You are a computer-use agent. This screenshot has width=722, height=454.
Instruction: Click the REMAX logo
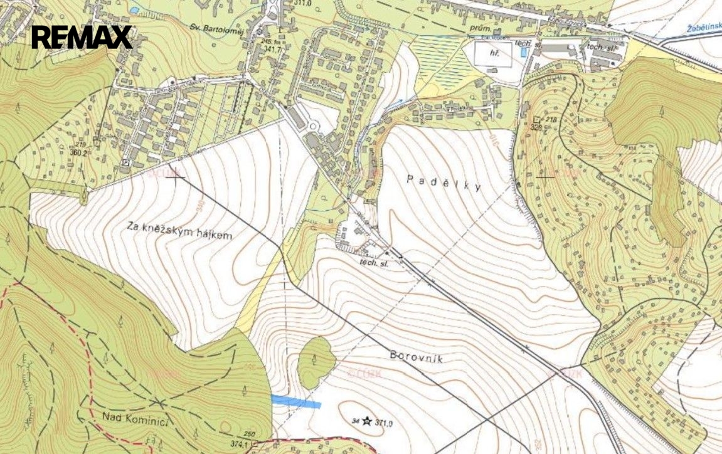coord(82,37)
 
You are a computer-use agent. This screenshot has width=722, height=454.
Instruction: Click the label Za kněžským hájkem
coord(179,231)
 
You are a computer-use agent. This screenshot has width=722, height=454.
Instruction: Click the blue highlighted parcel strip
coord(295,402)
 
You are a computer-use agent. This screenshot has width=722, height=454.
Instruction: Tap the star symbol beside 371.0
coord(366,421)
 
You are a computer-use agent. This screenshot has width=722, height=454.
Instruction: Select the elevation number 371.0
coord(384,423)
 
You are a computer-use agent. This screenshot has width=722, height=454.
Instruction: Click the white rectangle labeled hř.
coord(493,54)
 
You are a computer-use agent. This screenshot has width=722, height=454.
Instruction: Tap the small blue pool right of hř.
coord(523,53)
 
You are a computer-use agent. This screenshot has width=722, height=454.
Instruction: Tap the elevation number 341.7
coord(272,48)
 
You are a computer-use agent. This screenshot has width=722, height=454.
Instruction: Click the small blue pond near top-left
coord(134,11)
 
